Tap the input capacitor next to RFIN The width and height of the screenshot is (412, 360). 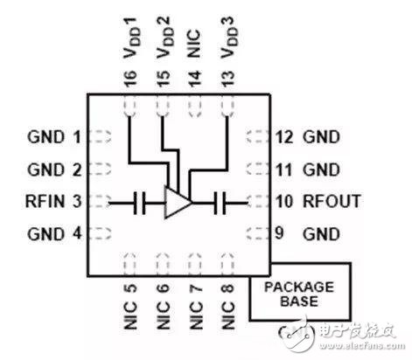tap(139, 204)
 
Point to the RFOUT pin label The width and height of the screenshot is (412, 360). tap(332, 202)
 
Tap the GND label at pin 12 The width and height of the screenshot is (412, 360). tap(320, 137)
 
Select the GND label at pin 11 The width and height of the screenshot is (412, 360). tap(320, 170)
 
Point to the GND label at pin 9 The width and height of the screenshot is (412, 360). tap(320, 233)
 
